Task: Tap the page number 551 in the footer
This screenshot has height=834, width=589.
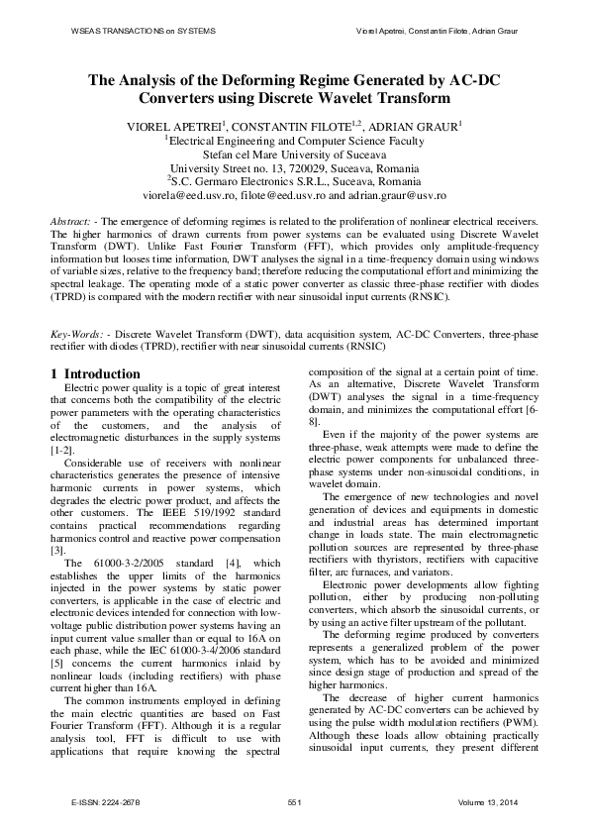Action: [x=294, y=800]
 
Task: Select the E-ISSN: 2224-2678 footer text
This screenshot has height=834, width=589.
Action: [x=105, y=800]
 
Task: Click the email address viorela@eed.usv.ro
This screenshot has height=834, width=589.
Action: [x=187, y=197]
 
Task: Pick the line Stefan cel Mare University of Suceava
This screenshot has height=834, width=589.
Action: [x=294, y=155]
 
